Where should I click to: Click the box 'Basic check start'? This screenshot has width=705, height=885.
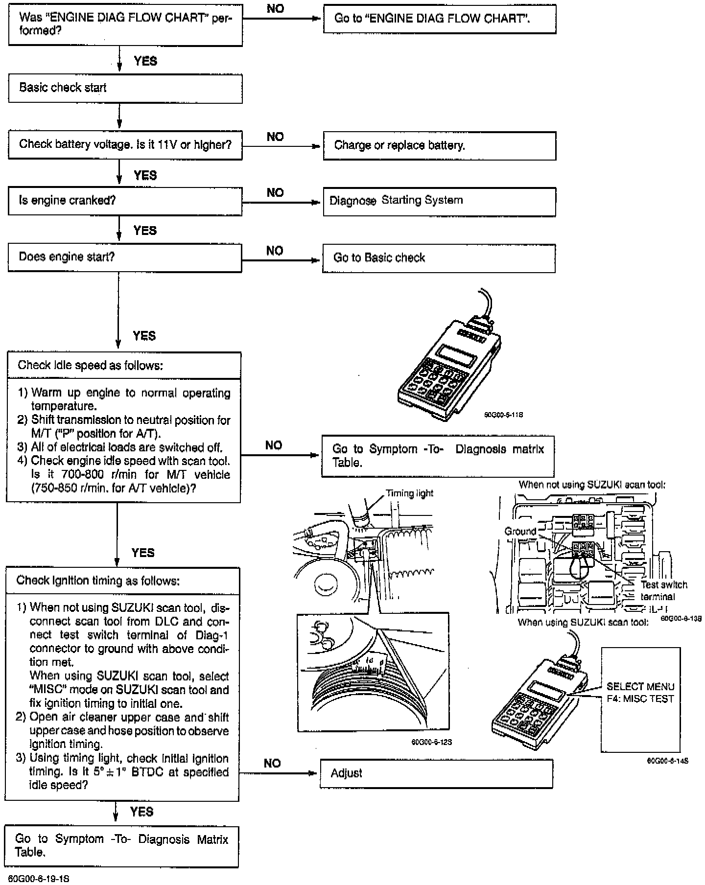tap(125, 89)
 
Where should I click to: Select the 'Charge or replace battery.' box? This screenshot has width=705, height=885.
tap(439, 145)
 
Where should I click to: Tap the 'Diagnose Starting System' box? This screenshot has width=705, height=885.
tap(439, 201)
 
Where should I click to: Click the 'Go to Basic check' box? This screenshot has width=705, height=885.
tap(439, 258)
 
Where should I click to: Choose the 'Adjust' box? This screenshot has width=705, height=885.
tap(436, 773)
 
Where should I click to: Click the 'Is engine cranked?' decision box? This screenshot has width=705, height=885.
tap(125, 201)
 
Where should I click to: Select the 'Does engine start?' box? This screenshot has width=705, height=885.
tap(125, 257)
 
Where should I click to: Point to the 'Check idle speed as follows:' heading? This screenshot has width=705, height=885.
tap(91, 365)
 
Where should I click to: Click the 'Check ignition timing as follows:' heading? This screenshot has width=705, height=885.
tap(98, 581)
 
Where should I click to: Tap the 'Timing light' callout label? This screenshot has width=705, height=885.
tap(409, 493)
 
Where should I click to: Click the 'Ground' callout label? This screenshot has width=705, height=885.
tap(520, 532)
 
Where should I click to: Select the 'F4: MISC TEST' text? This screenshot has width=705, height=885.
tap(640, 699)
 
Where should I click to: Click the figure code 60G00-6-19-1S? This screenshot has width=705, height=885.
tap(39, 879)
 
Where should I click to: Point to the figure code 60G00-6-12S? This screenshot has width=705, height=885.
tap(431, 742)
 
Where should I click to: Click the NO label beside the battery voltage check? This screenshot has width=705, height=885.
tap(275, 137)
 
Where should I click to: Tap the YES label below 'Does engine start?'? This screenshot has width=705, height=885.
tap(144, 336)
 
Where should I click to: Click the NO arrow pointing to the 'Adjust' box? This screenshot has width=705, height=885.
tap(280, 773)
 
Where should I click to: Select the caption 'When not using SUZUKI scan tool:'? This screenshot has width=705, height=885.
tap(592, 485)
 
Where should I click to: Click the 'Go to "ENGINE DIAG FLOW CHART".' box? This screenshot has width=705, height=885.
tap(439, 19)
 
